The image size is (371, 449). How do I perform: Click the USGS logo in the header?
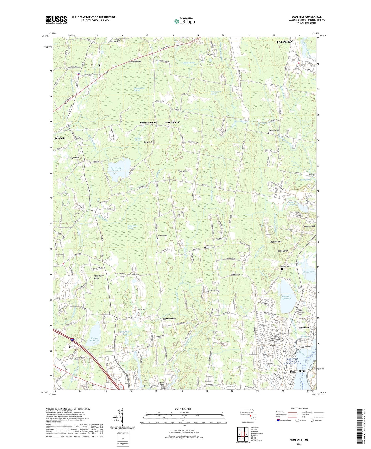click(x=56, y=20)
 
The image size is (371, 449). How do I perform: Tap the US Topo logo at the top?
click(x=184, y=21)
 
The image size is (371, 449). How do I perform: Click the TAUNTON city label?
click(x=284, y=41)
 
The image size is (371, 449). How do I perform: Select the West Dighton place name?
click(x=172, y=122)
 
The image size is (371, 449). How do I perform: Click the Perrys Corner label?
click(x=148, y=123)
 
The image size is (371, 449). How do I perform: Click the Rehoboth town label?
click(x=60, y=138)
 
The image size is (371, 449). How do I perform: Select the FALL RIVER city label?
click(x=299, y=371)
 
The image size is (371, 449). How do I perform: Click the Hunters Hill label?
click(x=276, y=242)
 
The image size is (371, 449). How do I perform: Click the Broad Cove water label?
click(x=308, y=272)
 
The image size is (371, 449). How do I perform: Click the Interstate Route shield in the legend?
click(x=278, y=420)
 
